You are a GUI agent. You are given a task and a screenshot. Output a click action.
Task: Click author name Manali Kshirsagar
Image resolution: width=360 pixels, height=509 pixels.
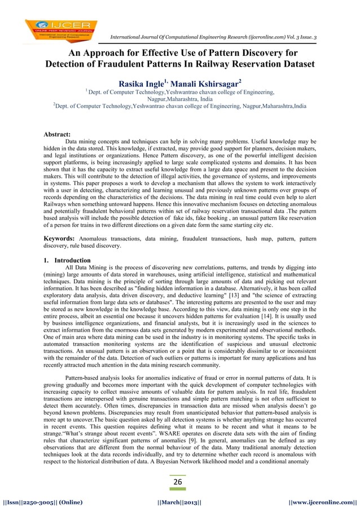208,83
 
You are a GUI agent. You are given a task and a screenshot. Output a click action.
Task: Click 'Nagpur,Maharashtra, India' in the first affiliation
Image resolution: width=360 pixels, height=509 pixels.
179,98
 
